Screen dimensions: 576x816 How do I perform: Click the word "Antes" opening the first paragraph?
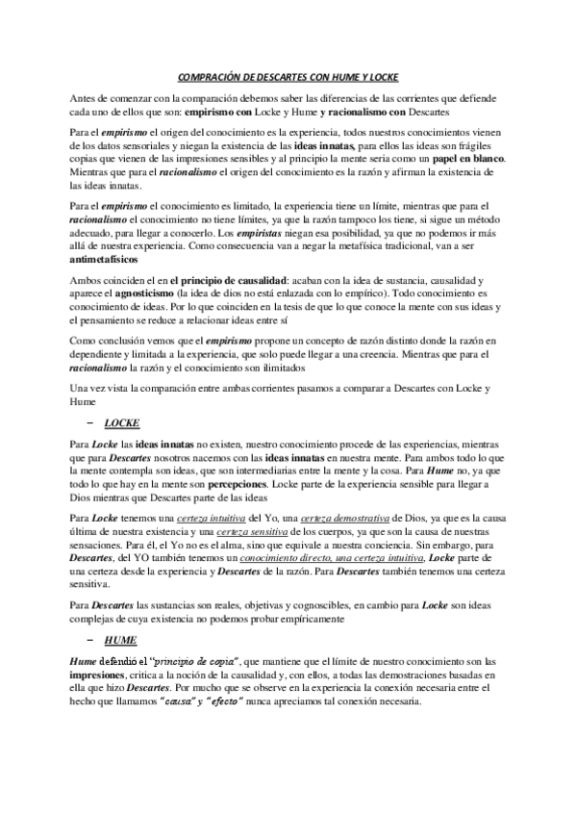click(x=88, y=99)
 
